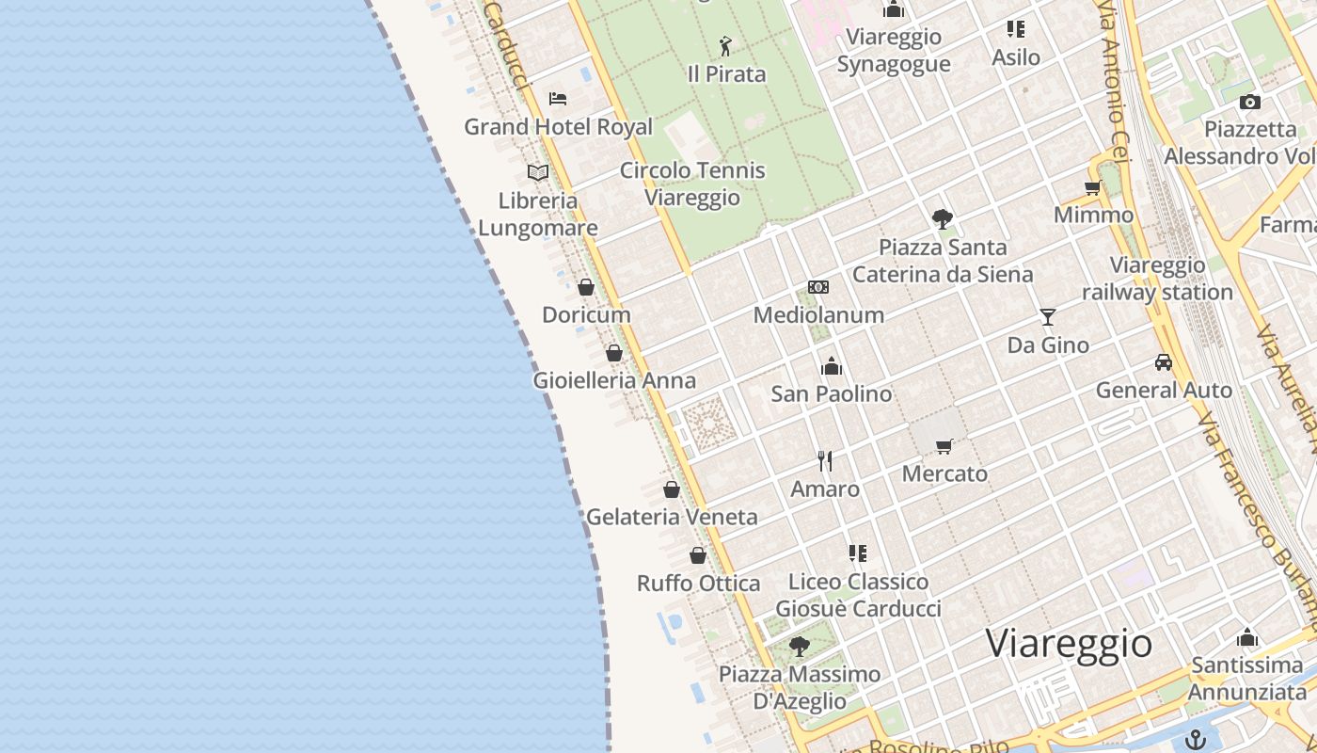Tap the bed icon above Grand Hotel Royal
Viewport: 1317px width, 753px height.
tap(558, 98)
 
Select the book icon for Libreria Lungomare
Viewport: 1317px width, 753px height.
tap(538, 172)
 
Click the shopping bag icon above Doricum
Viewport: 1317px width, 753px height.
tap(586, 287)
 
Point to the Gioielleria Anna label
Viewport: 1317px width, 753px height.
tap(614, 380)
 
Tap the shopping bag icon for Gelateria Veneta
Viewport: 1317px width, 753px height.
tap(672, 489)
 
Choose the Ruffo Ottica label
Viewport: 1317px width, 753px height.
tap(698, 584)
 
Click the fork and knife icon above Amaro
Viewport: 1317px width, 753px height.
tap(825, 461)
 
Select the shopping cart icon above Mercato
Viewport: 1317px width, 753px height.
tap(944, 446)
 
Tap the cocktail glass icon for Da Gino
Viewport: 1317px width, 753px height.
tap(1048, 317)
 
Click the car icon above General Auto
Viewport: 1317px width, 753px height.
tap(1164, 362)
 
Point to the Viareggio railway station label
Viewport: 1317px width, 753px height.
tap(1157, 279)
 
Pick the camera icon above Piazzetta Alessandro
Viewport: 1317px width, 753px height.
tap(1250, 102)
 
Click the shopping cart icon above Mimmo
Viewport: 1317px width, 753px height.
tap(1093, 187)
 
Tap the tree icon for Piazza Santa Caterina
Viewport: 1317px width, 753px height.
tap(943, 219)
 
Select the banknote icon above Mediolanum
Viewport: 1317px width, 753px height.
tap(818, 287)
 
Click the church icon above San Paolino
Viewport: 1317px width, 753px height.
tap(832, 366)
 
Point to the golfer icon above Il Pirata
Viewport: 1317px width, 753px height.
tap(725, 46)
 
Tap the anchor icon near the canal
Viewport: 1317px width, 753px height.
tap(1196, 739)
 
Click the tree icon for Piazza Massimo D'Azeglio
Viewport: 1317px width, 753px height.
tap(800, 647)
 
